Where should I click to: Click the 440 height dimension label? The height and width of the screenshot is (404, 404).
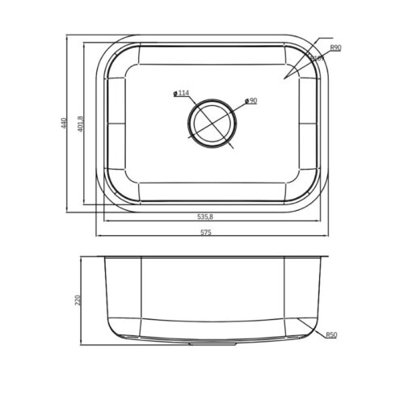(x=61, y=124)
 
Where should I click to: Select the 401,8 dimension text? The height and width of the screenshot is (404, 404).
(x=80, y=124)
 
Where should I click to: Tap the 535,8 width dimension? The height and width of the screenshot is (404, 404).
(x=205, y=217)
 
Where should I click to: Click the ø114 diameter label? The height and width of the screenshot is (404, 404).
(x=182, y=94)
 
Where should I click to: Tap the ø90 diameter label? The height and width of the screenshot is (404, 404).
(x=250, y=101)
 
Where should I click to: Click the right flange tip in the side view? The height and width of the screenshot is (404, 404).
(x=327, y=259)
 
